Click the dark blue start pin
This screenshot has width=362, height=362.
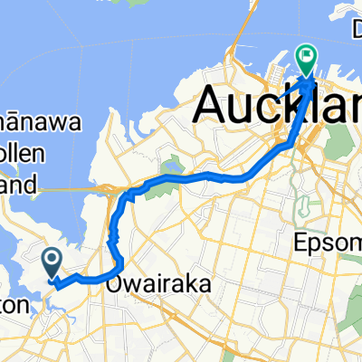[x=52, y=263]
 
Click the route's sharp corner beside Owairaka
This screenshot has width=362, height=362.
[x=119, y=264]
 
